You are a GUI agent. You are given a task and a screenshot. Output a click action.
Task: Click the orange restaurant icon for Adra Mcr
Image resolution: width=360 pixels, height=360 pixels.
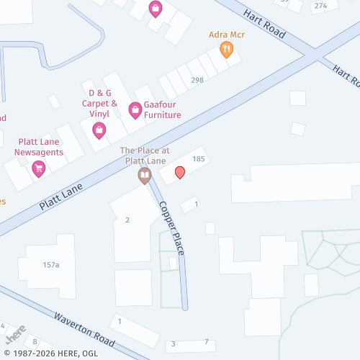tap(226, 50)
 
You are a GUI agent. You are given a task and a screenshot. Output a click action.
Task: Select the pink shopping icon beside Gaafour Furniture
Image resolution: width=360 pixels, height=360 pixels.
tap(135, 110)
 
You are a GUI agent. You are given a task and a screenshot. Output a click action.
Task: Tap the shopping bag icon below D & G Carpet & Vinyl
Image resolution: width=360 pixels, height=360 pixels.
tap(99, 130)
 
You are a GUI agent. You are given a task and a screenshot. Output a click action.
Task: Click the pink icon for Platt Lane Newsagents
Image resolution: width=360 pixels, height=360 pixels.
tap(39, 168)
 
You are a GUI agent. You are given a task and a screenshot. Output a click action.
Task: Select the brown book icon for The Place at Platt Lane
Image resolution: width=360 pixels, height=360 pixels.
tap(145, 175)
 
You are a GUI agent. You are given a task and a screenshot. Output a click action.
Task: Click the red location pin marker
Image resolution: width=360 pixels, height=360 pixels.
tap(180, 172)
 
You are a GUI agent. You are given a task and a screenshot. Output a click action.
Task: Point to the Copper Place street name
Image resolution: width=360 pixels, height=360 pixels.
tap(172, 227)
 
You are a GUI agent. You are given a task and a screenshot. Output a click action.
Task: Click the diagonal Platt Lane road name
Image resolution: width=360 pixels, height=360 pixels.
tap(62, 195)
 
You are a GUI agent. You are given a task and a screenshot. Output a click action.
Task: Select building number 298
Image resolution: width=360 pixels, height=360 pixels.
tap(197, 80)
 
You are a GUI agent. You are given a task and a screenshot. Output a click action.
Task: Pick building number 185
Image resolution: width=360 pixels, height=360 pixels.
tap(199, 158)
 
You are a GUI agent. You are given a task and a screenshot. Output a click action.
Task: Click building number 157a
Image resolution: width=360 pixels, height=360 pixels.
tap(50, 265)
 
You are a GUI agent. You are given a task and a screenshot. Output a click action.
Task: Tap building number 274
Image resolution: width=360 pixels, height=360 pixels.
tap(320, 5)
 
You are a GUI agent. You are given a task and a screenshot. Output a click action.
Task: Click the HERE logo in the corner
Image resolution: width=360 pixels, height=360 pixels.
tap(13, 336)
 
